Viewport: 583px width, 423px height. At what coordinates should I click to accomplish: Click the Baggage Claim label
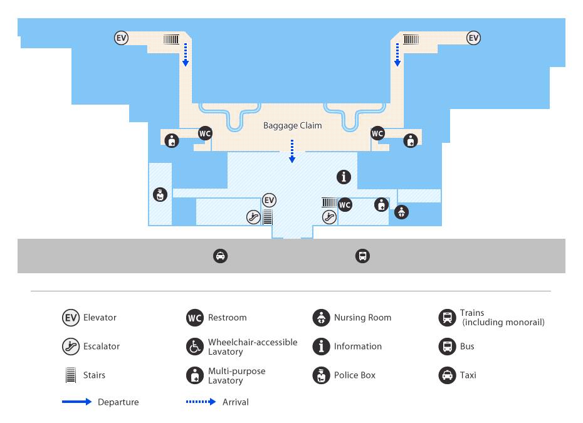293,125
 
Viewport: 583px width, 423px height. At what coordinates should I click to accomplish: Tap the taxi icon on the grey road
221,256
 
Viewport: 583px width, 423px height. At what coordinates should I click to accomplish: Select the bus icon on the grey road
362,256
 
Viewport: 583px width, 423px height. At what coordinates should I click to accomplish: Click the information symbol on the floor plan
344,177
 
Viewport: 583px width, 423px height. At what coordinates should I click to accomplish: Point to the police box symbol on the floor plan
160,194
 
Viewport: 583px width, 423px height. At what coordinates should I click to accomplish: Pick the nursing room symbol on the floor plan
402,212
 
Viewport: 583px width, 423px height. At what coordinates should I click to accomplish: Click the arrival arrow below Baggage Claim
292,151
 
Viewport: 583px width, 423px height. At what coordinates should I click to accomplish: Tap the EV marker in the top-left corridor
121,38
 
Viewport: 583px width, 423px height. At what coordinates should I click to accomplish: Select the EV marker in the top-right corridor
473,38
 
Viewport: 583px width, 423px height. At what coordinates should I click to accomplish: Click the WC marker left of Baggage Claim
205,133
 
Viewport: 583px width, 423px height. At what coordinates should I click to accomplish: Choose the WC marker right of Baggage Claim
377,133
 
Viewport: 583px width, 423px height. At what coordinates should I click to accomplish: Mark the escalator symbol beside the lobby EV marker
254,217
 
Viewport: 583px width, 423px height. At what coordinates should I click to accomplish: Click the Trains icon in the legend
448,318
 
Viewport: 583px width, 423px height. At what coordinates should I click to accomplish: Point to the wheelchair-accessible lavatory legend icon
195,347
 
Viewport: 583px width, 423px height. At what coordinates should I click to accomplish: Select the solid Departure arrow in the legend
76,402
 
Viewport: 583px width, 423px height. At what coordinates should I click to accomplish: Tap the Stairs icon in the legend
71,375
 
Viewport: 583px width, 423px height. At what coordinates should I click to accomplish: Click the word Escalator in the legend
102,347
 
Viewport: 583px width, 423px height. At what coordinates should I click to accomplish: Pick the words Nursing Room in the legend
362,318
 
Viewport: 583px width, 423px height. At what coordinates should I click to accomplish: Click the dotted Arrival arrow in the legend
201,402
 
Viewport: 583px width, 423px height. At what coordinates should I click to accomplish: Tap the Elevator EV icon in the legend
71,318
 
